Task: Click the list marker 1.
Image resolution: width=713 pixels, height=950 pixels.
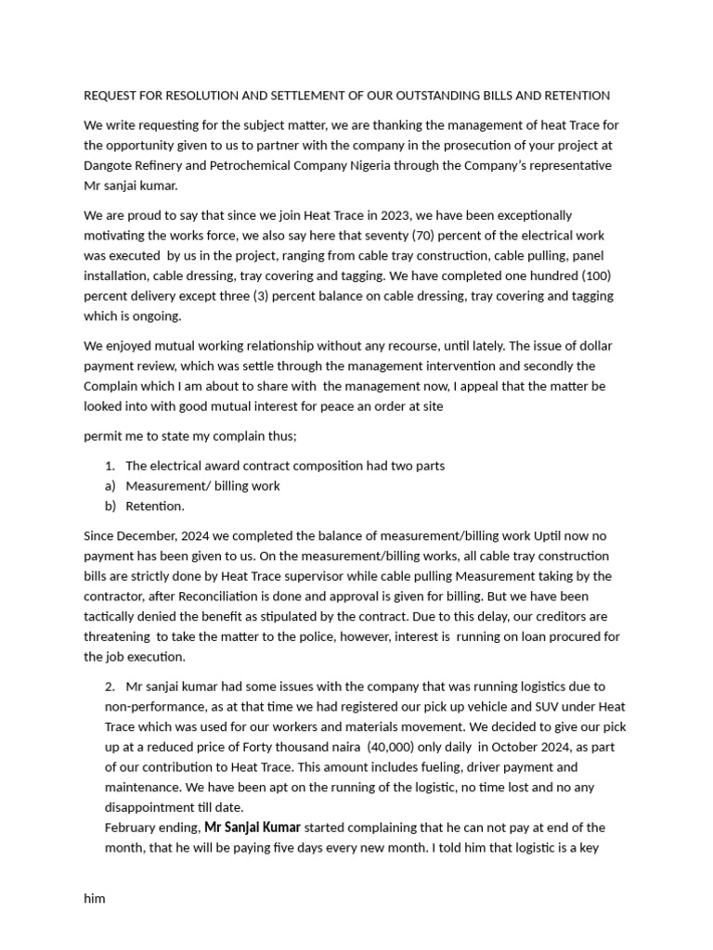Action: [110, 466]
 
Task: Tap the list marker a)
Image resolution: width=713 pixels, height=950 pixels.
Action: [110, 486]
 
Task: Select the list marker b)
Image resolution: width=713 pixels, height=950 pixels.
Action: [110, 507]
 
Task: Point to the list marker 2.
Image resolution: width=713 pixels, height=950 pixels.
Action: [110, 687]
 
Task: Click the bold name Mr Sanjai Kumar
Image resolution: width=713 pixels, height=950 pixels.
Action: [252, 828]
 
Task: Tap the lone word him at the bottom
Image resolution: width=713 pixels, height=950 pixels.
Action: [95, 899]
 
